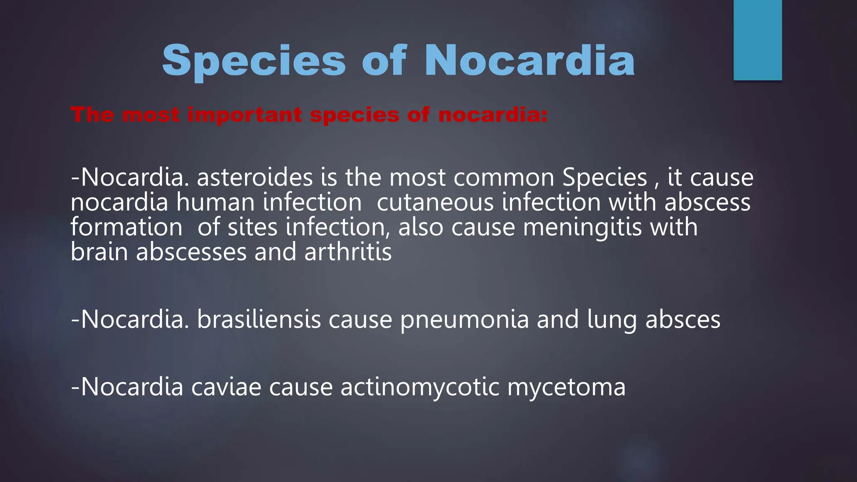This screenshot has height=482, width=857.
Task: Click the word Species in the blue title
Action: pos(254,61)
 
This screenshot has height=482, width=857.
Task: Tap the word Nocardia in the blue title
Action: pos(529,61)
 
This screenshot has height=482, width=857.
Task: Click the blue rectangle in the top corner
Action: pos(757,40)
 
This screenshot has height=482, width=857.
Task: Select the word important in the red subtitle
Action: pos(244,115)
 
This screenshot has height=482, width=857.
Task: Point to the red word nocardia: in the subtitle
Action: pos(493,115)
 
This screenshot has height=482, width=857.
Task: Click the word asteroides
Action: pos(254,177)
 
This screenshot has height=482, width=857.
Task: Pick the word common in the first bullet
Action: pos(504,177)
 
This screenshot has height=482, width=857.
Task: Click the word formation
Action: pos(126,227)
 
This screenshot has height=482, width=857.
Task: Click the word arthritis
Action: pos(348,252)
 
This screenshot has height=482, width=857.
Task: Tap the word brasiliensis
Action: pos(259,320)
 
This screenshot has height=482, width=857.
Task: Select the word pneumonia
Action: pos(464,320)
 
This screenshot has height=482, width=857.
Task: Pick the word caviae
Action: pos(226,387)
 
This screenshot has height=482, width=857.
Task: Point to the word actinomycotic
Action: pos(420,387)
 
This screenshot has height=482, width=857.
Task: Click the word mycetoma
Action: pos(566,387)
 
